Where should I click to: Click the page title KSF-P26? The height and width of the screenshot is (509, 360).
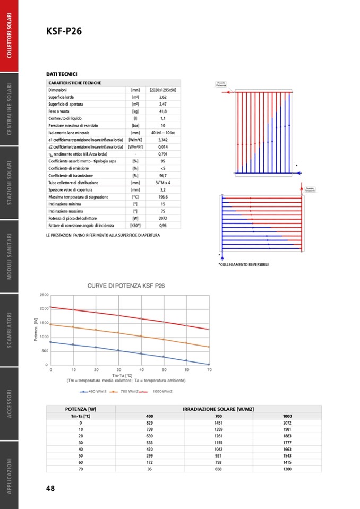coord(64,32)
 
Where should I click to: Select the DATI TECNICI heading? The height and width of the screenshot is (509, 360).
coord(62,75)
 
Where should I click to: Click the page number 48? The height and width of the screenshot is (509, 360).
coord(50,488)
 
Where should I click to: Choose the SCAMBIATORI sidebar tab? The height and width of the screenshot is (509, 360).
coord(10,330)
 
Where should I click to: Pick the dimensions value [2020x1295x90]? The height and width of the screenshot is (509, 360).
coord(162,90)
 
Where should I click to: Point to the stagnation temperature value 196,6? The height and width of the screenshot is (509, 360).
coord(162,197)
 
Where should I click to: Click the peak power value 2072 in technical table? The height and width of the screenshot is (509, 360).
coord(162,218)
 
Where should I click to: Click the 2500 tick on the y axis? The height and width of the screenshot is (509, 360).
coord(44,295)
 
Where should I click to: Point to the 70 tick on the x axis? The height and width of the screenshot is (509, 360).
coord(209,369)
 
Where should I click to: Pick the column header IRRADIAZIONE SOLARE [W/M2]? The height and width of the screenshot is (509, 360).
coord(218,409)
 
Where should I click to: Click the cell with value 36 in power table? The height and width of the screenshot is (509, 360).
coord(149,469)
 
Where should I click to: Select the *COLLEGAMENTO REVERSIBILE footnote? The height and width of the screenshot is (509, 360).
coord(244,264)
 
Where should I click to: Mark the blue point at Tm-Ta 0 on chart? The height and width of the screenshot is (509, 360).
coord(50,342)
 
